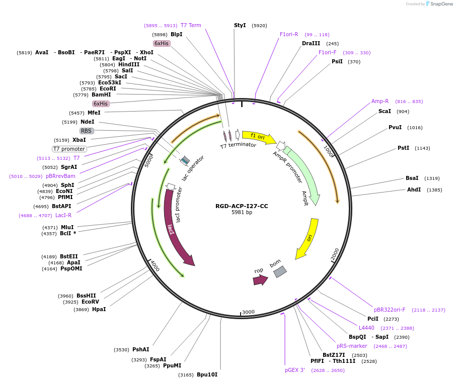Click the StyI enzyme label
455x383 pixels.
point(240,25)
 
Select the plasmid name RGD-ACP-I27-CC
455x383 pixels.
point(242,206)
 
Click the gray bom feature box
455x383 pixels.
point(280,272)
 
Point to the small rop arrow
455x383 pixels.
point(260,280)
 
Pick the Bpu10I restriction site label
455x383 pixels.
point(207,374)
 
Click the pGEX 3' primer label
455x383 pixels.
point(295,370)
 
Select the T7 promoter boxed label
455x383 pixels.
point(69,149)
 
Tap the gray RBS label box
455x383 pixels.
point(87,131)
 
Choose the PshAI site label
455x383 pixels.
point(140,349)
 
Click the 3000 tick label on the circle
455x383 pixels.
point(248,312)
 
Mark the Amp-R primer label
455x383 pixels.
point(380,101)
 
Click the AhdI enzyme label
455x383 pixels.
point(414,189)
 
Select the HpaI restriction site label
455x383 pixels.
point(99,309)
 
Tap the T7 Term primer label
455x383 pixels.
point(191,25)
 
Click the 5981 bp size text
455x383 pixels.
point(242,213)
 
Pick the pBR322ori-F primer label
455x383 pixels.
point(390,310)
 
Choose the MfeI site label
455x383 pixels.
point(94,113)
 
